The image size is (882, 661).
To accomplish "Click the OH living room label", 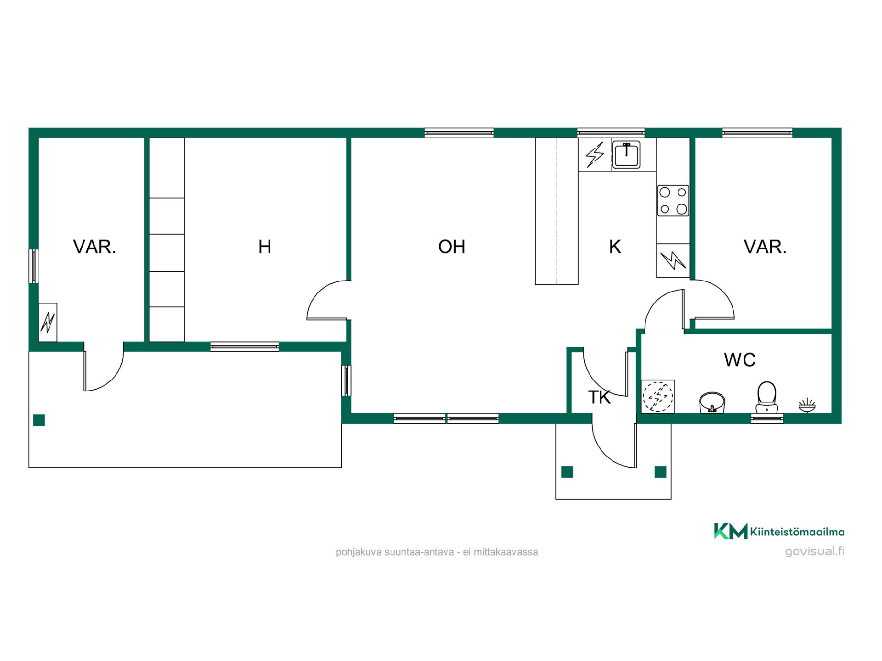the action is click(x=452, y=247).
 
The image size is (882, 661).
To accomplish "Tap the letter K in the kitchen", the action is click(x=615, y=247).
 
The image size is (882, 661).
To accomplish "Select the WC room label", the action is click(x=740, y=360).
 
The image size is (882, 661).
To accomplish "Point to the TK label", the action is click(x=599, y=398).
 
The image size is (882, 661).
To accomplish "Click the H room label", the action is click(x=265, y=247).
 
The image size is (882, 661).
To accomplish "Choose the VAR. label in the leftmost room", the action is click(x=95, y=247).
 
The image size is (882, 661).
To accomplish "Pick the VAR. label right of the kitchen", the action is click(x=765, y=247).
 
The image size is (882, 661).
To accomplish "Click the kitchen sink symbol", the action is click(x=626, y=155).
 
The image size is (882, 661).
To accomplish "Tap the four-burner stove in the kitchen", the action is click(x=673, y=201).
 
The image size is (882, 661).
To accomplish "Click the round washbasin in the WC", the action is click(x=712, y=403).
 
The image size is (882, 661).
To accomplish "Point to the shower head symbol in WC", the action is click(x=807, y=405).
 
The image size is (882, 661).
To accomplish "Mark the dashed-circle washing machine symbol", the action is click(x=658, y=396).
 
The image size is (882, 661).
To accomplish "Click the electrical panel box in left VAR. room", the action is click(x=48, y=322).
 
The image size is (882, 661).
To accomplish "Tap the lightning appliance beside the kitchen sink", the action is click(x=595, y=155).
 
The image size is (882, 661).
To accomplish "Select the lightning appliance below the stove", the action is click(x=673, y=260).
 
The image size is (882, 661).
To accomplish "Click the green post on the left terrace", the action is click(x=39, y=420).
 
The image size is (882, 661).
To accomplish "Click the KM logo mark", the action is click(x=730, y=531).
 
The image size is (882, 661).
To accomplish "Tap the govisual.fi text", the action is click(x=814, y=551).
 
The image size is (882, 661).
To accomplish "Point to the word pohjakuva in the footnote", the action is click(x=356, y=552).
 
